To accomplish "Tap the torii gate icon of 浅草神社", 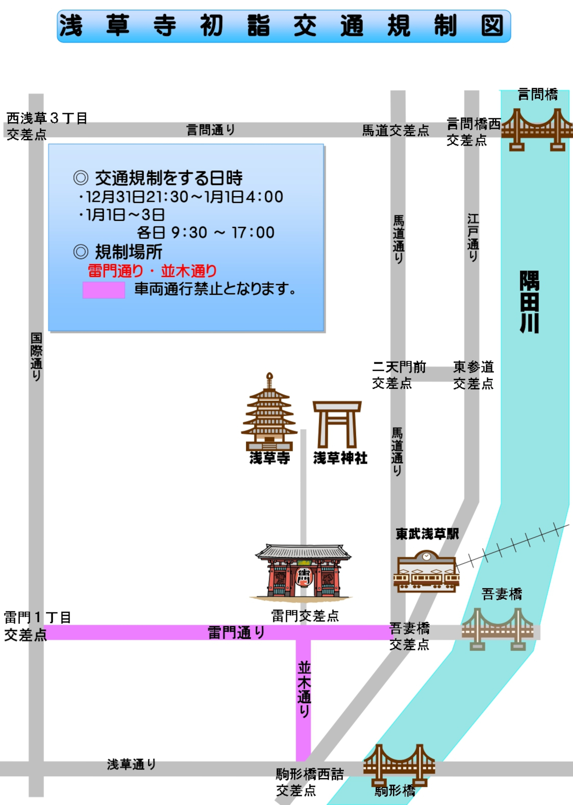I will pos(337,424).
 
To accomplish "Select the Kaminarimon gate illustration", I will pos(303,571).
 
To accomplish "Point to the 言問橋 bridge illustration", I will pos(537,129).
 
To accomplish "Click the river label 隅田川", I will pos(529,302).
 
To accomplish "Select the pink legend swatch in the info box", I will pos(103,290).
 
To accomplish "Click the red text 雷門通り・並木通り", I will pos(152,271).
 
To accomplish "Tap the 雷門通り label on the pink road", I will pos(236,633).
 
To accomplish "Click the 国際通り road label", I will pos(36,357).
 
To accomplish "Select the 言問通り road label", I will pos(210,130).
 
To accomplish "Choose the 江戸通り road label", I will pos(473,237).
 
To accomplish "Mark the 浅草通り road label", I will pos(131,764).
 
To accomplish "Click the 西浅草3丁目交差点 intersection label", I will pos(47,126).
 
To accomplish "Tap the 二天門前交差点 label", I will pos(399,375).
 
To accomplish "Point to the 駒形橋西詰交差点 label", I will pos(309,782).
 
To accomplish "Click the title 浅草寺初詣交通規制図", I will pos(284,26).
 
